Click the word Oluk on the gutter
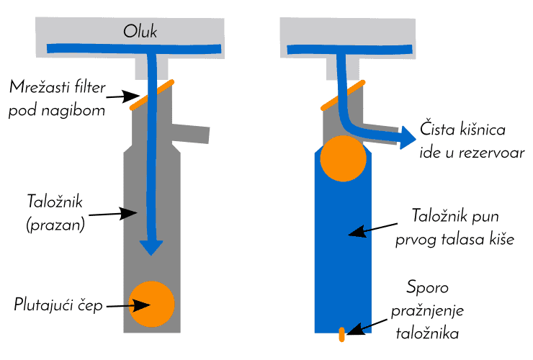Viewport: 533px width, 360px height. [x=140, y=32]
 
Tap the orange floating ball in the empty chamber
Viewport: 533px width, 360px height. [x=151, y=304]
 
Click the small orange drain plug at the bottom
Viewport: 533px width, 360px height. [x=342, y=333]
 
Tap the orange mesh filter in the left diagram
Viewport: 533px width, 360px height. [x=151, y=95]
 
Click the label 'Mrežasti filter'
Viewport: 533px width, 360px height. [x=58, y=89]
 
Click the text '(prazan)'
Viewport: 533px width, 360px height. [x=55, y=224]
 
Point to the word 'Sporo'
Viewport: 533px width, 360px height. [x=427, y=288]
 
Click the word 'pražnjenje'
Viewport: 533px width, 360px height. [x=427, y=310]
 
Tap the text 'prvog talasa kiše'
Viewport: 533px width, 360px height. [x=454, y=239]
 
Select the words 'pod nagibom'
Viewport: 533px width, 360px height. [x=57, y=112]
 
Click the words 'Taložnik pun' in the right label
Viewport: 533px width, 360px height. [x=454, y=217]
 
